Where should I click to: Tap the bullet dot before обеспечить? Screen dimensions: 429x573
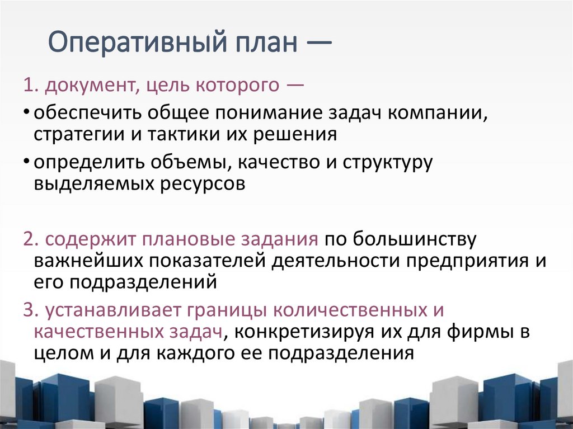tap(27, 112)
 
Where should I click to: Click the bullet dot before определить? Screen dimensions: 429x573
tap(27, 162)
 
